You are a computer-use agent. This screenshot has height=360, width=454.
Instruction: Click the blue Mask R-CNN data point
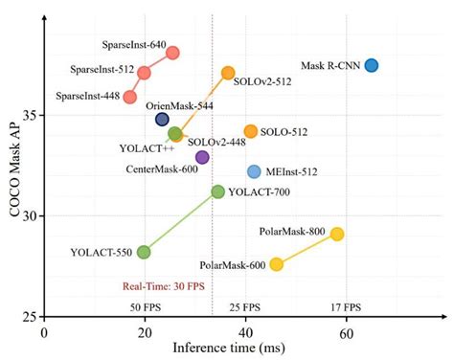[x=372, y=65]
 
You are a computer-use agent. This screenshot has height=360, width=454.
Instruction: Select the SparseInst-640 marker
[x=172, y=52]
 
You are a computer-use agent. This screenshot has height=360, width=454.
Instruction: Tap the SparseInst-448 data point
[x=130, y=97]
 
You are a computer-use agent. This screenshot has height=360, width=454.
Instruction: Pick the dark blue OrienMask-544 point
[x=163, y=120]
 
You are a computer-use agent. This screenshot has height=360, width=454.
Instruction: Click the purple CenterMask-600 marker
[x=202, y=157]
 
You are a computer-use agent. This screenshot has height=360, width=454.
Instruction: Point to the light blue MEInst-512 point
[x=254, y=171]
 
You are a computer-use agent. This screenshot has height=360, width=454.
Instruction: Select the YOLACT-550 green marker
[x=144, y=252]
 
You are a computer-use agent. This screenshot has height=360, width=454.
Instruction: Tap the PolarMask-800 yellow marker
[x=336, y=234]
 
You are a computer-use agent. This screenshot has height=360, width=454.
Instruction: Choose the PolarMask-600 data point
[x=277, y=264]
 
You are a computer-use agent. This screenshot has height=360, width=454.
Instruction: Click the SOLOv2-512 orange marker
[x=228, y=73]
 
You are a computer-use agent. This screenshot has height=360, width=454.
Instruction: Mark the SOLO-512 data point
[x=251, y=131]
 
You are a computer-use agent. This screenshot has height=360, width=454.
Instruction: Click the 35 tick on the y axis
[x=31, y=115]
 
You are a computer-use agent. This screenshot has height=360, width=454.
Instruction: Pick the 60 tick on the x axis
[x=346, y=330]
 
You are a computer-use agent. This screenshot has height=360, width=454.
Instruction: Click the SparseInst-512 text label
[x=101, y=70]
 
